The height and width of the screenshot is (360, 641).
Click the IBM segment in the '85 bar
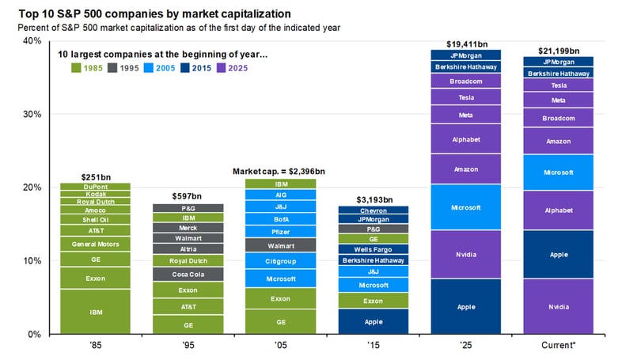pyautogui.click(x=95, y=312)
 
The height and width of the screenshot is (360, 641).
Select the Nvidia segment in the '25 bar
pyautogui.click(x=465, y=254)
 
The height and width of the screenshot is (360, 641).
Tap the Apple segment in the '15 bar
pyautogui.click(x=374, y=321)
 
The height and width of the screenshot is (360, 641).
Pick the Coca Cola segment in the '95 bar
pyautogui.click(x=188, y=275)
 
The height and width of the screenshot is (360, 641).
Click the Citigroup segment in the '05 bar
pyautogui.click(x=280, y=261)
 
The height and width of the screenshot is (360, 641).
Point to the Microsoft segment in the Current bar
pyautogui.click(x=559, y=172)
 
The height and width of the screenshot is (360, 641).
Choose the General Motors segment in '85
pyautogui.click(x=95, y=244)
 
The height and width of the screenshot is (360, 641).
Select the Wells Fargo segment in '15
pyautogui.click(x=374, y=249)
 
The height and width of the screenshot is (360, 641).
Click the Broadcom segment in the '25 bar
pyautogui.click(x=465, y=81)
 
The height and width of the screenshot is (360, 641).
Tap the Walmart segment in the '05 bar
pyautogui.click(x=280, y=245)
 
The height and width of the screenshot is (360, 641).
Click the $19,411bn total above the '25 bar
pyautogui.click(x=467, y=44)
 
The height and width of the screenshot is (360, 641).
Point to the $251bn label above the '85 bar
pyautogui.click(x=96, y=177)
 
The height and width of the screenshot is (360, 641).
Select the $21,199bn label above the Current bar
pyautogui.click(x=559, y=51)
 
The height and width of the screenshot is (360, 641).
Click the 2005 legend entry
pyautogui.click(x=159, y=68)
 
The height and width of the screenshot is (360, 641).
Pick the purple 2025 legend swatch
pyautogui.click(x=221, y=68)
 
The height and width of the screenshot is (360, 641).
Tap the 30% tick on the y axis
pyautogui.click(x=32, y=115)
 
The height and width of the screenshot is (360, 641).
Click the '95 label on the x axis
pyautogui.click(x=188, y=345)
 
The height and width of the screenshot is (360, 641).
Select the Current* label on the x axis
pyautogui.click(x=559, y=345)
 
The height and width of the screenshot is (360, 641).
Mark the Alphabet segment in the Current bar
pyautogui.click(x=559, y=210)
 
